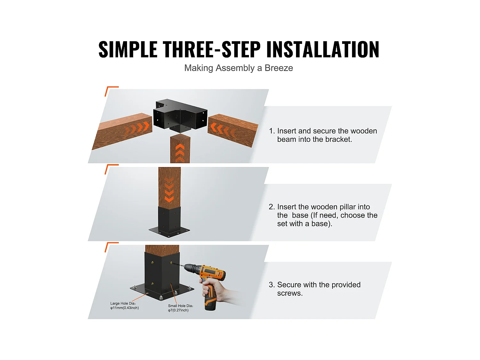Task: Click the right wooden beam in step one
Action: (x=233, y=130)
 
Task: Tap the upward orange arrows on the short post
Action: (x=180, y=152)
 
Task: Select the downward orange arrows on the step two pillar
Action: (x=169, y=191)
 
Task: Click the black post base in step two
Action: (x=169, y=222)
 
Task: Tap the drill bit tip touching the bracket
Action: (x=173, y=263)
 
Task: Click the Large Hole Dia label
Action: (x=124, y=306)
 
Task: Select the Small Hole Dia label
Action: (x=180, y=308)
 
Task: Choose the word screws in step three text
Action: (x=289, y=293)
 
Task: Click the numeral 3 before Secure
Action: (x=271, y=285)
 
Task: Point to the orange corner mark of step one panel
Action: (x=110, y=90)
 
